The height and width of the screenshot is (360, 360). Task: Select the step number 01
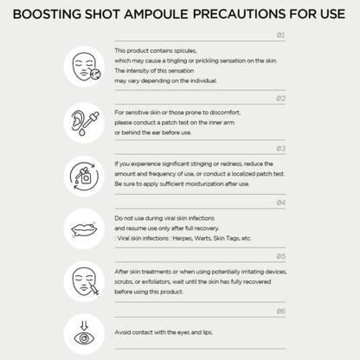[280, 35]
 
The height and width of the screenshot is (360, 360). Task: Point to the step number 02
[280, 98]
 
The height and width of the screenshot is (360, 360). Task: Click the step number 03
[280, 149]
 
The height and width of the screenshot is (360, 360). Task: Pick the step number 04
[280, 202]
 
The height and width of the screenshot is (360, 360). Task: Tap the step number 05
[280, 257]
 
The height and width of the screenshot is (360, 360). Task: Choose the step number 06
[280, 311]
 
